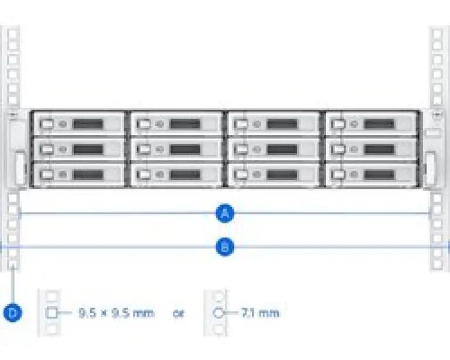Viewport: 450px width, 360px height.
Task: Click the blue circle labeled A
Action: click(224, 214)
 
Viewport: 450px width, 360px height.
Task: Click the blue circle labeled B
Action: click(224, 247)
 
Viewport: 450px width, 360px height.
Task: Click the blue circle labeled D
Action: click(12, 313)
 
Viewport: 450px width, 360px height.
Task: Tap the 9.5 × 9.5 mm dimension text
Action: click(116, 313)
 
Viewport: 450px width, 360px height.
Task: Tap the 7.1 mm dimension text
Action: click(260, 313)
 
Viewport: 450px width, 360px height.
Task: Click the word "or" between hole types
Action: click(178, 313)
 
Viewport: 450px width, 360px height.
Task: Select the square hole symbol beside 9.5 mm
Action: click(52, 313)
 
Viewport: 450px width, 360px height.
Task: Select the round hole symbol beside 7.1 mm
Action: click(219, 313)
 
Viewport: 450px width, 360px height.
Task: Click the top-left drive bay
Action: click(79, 124)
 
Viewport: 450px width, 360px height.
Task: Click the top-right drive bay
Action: click(370, 124)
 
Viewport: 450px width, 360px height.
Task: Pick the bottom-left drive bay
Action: click(79, 174)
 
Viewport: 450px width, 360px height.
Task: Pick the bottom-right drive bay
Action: click(370, 174)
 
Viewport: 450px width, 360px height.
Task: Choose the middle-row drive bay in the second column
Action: click(176, 149)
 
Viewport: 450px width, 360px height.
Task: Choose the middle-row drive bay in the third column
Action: click(273, 149)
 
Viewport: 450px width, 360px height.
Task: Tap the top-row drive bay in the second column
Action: click(176, 124)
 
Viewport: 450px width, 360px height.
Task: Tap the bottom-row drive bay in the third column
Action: click(273, 174)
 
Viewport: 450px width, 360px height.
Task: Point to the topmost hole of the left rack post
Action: click(13, 34)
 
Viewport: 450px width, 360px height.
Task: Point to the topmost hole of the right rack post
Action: click(438, 34)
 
